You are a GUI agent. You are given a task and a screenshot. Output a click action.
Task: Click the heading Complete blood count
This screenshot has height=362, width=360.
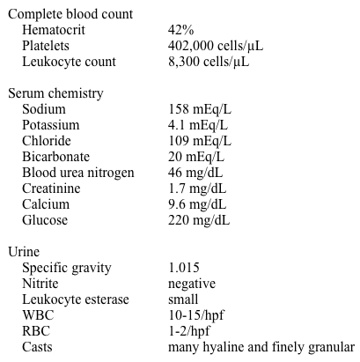coord(70,14)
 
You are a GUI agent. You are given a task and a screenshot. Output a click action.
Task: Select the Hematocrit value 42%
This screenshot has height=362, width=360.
coord(182,30)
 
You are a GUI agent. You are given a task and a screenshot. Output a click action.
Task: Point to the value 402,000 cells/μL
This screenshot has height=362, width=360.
coord(216,46)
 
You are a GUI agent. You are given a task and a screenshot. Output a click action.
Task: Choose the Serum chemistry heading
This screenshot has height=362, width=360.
coord(55,93)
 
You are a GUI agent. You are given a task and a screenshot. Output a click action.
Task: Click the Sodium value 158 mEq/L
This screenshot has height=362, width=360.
coord(200,109)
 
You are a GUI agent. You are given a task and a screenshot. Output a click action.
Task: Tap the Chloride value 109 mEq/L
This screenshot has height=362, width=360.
coord(200,141)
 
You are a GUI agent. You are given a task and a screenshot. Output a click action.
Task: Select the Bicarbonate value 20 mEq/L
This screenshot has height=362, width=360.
coord(197,157)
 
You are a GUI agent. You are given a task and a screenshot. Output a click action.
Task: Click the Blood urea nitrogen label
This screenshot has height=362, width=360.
coord(78,173)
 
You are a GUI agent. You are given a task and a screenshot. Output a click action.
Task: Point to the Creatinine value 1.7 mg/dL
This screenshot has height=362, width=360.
coord(197,188)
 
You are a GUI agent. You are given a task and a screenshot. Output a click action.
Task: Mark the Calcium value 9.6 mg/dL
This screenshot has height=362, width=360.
coord(197,204)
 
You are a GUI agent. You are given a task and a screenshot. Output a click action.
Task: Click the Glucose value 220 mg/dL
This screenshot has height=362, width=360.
coord(199,220)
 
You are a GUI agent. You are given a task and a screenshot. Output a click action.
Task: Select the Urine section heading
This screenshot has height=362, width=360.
coord(24,252)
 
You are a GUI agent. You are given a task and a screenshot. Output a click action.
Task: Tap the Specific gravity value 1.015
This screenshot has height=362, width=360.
coord(184,268)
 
